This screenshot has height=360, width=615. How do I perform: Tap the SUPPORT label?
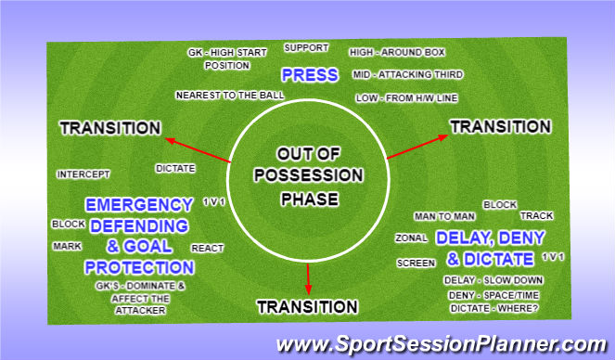pyautogui.click(x=306, y=46)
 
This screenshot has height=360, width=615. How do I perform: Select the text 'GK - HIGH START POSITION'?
pyautogui.click(x=218, y=59)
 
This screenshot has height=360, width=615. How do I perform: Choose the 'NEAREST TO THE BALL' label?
pyautogui.click(x=217, y=95)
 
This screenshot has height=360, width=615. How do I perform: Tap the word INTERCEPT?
pyautogui.click(x=83, y=174)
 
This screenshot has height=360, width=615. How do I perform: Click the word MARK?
pyautogui.click(x=67, y=246)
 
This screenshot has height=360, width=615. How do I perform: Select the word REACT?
pyautogui.click(x=207, y=249)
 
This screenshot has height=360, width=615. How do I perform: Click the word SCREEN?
pyautogui.click(x=416, y=263)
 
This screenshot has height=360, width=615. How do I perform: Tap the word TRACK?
pyautogui.click(x=536, y=216)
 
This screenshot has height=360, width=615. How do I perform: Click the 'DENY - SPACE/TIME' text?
pyautogui.click(x=493, y=295)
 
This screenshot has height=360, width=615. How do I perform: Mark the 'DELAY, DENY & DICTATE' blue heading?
pyautogui.click(x=484, y=247)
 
